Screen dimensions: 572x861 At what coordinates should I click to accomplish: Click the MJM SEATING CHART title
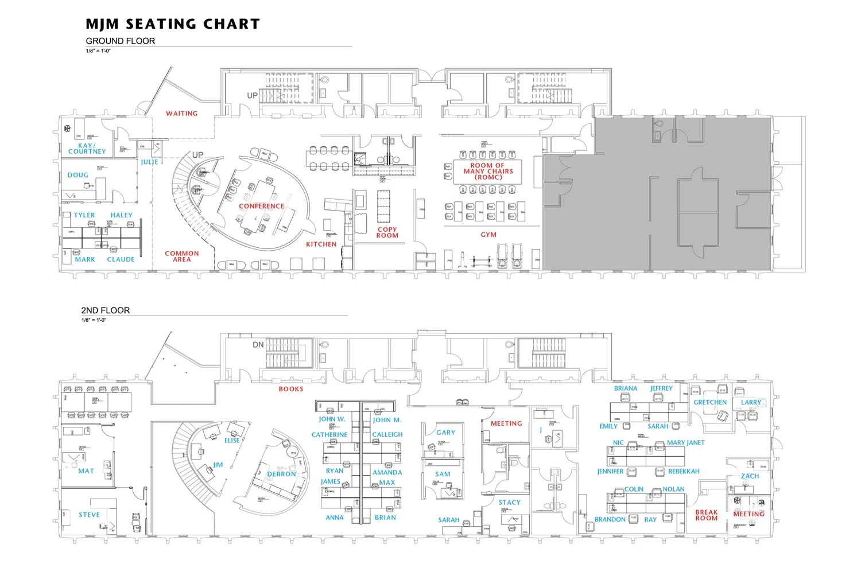click(x=173, y=24)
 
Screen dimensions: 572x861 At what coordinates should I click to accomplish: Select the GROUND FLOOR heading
click(x=121, y=41)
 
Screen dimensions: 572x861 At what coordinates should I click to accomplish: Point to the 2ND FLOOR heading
click(x=106, y=310)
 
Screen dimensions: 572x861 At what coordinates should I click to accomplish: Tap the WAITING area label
click(x=182, y=114)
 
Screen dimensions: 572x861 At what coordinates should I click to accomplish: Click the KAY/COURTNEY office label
click(x=87, y=149)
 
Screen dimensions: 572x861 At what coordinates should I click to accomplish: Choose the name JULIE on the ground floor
click(x=149, y=162)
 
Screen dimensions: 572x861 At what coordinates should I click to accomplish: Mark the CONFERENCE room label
click(x=262, y=206)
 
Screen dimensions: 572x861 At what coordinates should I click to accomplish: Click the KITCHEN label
click(x=321, y=244)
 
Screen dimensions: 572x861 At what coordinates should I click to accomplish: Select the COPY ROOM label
click(x=387, y=232)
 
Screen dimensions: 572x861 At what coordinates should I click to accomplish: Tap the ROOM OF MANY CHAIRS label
click(x=488, y=171)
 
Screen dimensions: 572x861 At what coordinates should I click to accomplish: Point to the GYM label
click(x=488, y=235)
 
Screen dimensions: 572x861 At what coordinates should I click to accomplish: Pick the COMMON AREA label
click(x=182, y=256)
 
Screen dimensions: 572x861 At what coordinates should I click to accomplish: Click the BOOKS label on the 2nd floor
click(x=291, y=389)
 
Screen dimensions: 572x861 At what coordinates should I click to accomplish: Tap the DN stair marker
click(x=258, y=345)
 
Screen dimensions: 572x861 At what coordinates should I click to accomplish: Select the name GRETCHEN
click(x=710, y=402)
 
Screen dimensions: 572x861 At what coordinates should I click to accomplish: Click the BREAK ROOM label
click(x=707, y=515)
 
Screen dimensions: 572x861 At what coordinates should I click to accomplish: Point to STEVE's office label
click(x=90, y=515)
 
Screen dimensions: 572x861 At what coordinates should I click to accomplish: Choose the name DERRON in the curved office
click(x=282, y=474)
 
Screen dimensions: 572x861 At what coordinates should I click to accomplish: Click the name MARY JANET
click(x=685, y=443)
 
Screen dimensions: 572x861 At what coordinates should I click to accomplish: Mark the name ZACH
click(x=750, y=476)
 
